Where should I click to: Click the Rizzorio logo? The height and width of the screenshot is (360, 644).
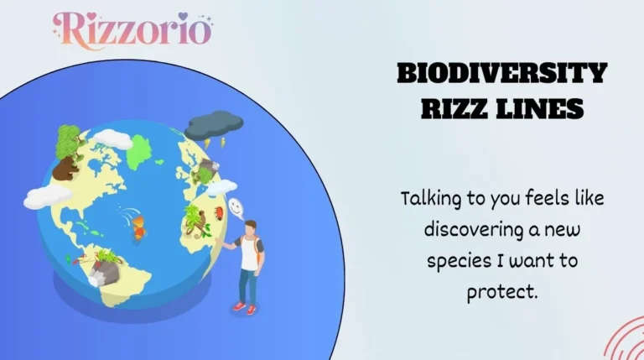[x=133, y=29]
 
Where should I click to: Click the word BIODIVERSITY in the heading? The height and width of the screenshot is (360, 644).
[x=501, y=74]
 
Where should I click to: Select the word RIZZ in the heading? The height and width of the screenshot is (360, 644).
[x=454, y=109]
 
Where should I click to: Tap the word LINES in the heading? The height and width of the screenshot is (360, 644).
[x=544, y=109]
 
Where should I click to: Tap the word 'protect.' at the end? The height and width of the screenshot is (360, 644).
[x=501, y=293]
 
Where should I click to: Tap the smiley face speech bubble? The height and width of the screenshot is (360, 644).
[x=236, y=205]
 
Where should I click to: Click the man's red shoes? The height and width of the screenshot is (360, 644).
[x=244, y=308]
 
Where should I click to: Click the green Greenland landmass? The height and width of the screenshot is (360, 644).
[x=141, y=150]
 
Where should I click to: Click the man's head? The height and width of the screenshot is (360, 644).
[x=250, y=227]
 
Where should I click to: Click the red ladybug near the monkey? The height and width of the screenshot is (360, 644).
[x=220, y=213]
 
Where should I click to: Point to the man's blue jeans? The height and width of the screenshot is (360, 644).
[x=247, y=282]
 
